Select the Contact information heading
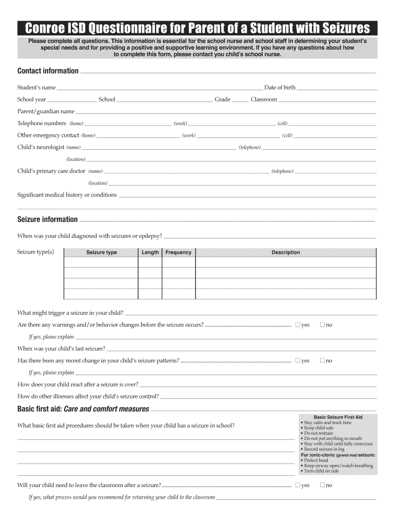48,71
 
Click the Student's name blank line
159,88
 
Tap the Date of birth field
337,88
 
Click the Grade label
223,99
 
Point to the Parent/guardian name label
46,111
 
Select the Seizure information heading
47,219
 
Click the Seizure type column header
101,252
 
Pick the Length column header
150,252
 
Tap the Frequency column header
179,252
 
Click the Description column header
286,252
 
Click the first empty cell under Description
286,262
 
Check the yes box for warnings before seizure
298,325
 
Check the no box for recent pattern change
322,361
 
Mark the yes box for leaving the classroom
298,486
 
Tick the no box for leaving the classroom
322,486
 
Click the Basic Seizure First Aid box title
338,417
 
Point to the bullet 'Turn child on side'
322,471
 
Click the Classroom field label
264,99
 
